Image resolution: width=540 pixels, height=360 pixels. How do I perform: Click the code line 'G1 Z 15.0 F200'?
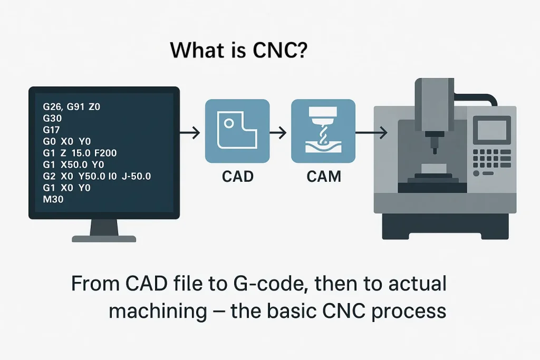[80, 153]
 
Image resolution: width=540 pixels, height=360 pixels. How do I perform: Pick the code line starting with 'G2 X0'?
[97, 176]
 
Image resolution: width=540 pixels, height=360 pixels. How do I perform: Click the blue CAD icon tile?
[237, 131]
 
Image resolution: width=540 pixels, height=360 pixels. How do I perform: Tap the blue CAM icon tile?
[323, 131]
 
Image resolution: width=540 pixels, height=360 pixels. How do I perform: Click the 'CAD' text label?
[237, 176]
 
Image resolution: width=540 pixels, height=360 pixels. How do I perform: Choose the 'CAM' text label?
[324, 176]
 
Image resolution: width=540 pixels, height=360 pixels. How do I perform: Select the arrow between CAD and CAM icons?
[280, 132]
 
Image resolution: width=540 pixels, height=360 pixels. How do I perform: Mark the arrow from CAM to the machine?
[372, 132]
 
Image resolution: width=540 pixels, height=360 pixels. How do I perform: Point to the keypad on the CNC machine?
[488, 158]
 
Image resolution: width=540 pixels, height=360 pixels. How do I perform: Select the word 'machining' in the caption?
[158, 311]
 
